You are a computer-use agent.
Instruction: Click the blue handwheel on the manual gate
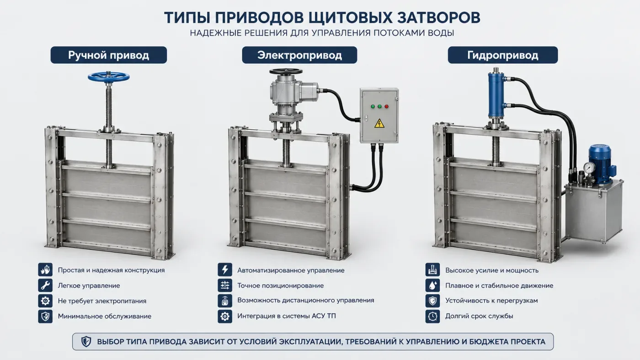(x=109, y=76)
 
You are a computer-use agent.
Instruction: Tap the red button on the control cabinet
(x=386, y=106)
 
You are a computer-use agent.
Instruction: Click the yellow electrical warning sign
(x=379, y=123)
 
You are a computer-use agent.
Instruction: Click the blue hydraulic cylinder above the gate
(x=496, y=94)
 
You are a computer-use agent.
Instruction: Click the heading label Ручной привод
(x=109, y=55)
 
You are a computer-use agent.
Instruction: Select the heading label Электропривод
(x=299, y=55)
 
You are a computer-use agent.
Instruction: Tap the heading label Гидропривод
(x=502, y=55)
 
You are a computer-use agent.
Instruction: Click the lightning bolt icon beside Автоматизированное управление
(x=225, y=270)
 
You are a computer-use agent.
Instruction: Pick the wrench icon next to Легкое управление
(x=45, y=285)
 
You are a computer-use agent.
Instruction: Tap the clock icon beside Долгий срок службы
(x=432, y=316)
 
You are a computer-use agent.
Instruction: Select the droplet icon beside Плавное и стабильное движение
(x=432, y=285)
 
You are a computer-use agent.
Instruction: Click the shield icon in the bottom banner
(x=86, y=341)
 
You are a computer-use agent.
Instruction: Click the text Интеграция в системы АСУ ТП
(x=287, y=316)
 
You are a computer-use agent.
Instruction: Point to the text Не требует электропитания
(x=102, y=301)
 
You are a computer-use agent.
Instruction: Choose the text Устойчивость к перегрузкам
(x=491, y=301)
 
